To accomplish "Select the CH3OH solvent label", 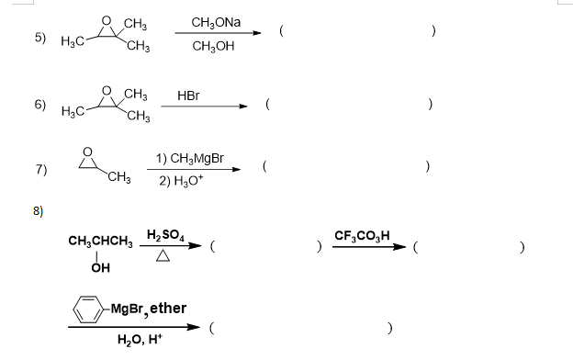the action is pos(214,44).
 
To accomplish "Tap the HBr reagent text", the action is pos(188,96).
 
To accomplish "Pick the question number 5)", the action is pos(40,38).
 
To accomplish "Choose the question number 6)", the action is pos(40,105).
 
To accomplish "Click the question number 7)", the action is pos(40,169).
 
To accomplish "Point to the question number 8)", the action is pos(38,209).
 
